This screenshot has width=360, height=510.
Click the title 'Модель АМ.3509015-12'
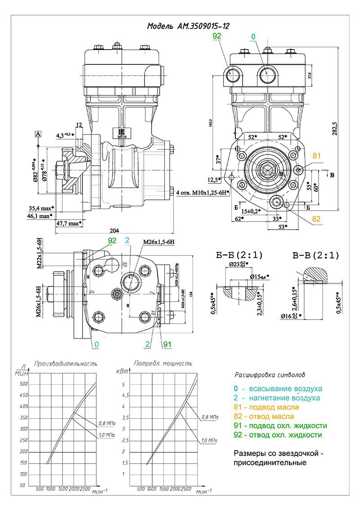[188, 26]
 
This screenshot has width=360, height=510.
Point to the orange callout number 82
[317, 219]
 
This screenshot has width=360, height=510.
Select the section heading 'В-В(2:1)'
[315, 256]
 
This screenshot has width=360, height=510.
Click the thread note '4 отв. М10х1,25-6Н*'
[203, 193]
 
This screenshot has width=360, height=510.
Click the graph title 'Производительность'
[66, 363]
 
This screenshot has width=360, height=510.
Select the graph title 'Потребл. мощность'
[163, 363]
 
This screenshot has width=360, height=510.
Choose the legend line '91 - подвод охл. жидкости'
[280, 426]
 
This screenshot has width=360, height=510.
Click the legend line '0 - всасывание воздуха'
[278, 388]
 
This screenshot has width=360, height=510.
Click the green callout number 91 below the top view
[167, 345]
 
